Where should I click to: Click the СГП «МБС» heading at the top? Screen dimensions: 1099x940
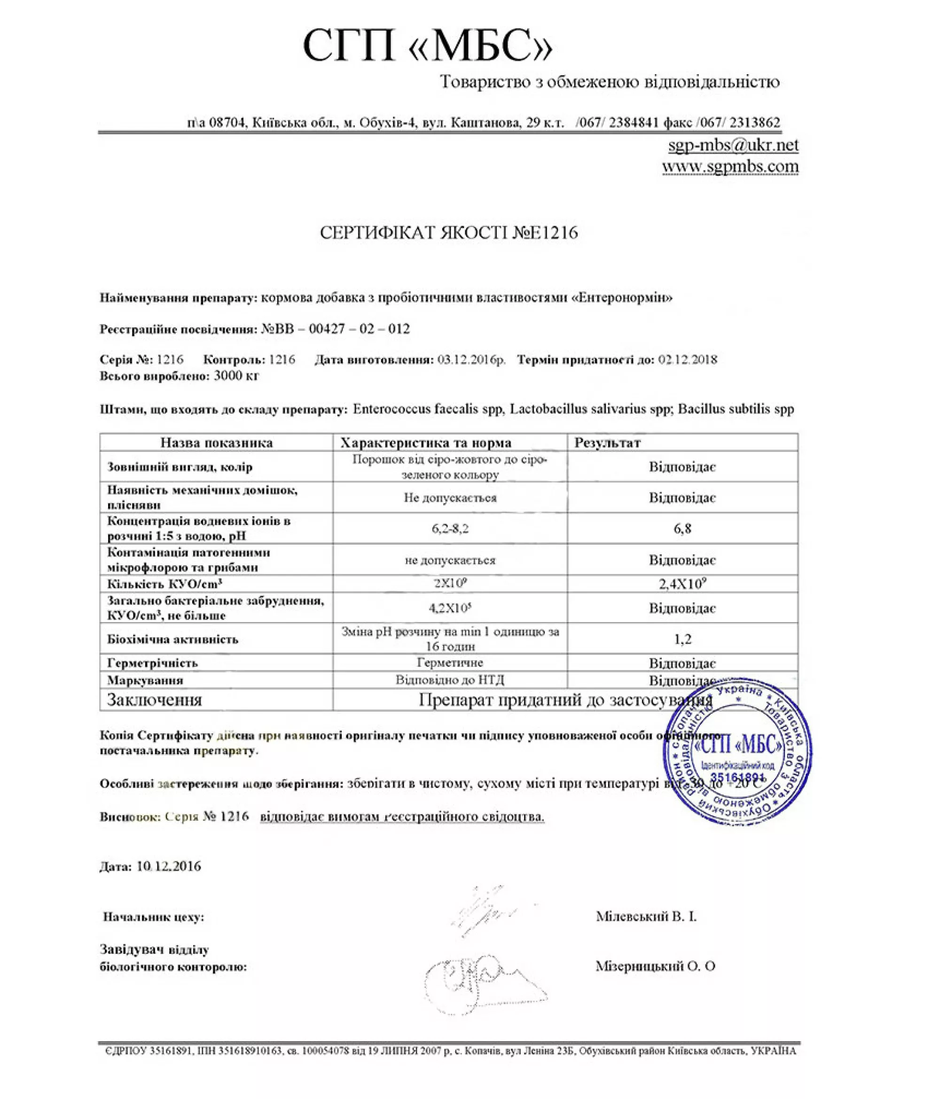(427, 47)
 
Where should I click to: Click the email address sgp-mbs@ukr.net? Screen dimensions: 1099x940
(733, 144)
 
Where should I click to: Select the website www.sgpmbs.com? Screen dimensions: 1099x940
(730, 166)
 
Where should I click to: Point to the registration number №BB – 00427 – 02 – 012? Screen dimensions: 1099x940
(335, 329)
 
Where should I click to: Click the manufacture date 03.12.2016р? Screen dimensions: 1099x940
(471, 359)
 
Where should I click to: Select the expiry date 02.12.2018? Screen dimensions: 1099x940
(688, 359)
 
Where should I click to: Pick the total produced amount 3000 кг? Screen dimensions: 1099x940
(236, 376)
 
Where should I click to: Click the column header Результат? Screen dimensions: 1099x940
(607, 442)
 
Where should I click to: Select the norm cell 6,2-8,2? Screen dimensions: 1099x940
(450, 529)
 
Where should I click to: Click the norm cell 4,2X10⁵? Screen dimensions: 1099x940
(450, 608)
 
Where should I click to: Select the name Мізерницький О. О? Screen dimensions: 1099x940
(655, 966)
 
